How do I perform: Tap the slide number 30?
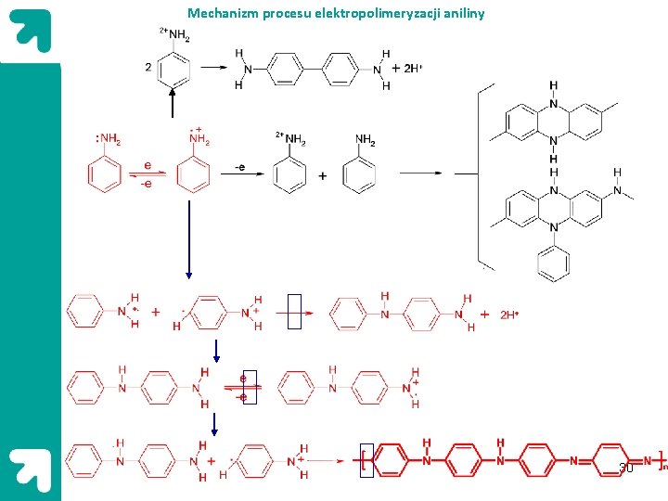[626, 468]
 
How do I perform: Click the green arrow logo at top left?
[30, 32]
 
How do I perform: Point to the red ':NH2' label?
[108, 140]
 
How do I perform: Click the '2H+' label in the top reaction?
[409, 69]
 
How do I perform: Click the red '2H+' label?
[509, 315]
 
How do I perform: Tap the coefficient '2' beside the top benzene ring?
[148, 67]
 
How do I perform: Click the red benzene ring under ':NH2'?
[105, 175]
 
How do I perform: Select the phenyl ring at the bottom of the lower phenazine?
[554, 262]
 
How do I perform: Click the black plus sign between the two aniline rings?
[323, 176]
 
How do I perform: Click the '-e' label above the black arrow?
[239, 167]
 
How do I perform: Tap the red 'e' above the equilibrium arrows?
[148, 165]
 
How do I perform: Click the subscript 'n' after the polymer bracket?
[664, 468]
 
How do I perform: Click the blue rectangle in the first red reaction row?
[294, 312]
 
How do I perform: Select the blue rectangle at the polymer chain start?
[366, 461]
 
